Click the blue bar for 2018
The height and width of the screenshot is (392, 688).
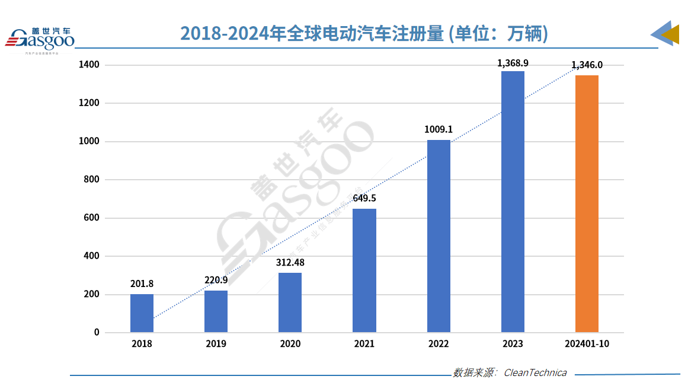point(142,313)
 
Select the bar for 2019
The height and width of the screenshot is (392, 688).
point(216,311)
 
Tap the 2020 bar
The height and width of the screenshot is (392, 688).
point(290,302)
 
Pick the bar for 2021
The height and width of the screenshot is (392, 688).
point(364,270)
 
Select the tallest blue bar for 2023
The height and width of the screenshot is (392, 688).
point(513,202)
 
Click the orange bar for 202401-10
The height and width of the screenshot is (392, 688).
point(587,204)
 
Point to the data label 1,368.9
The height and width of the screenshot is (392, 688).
point(513,63)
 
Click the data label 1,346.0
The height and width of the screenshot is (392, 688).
point(587,65)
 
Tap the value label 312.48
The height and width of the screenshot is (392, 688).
point(290,262)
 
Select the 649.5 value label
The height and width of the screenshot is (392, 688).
point(364,198)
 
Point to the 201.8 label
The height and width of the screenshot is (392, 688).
point(142,283)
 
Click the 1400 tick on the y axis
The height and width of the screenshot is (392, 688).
point(89,65)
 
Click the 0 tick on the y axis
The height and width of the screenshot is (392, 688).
point(97,333)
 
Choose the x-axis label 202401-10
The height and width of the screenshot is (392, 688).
point(587,344)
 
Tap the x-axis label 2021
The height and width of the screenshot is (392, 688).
point(364,344)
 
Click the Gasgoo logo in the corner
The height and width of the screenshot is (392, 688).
point(39,39)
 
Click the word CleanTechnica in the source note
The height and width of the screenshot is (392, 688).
point(535,373)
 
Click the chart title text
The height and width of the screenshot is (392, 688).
point(364,34)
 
